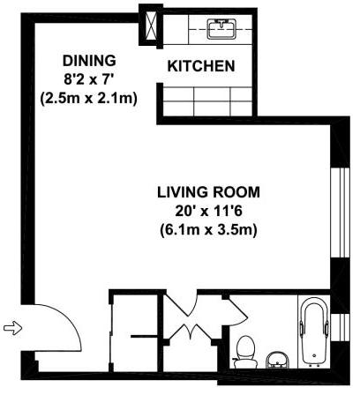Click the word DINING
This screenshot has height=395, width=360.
tap(89, 61)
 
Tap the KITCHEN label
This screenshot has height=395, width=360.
tap(201, 66)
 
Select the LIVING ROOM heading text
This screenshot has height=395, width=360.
tap(209, 192)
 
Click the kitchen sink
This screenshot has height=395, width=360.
tap(222, 29)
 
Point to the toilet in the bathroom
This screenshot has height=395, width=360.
tap(245, 352)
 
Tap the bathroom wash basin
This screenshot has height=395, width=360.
tap(278, 360)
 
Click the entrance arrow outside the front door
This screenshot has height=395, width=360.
tap(12, 328)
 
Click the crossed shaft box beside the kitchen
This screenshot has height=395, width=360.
tap(151, 26)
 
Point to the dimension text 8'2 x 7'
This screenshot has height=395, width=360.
tap(89, 79)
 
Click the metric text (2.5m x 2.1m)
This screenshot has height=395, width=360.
tap(89, 99)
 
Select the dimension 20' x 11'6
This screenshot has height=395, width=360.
tap(209, 212)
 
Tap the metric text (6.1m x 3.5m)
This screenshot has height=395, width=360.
tap(209, 229)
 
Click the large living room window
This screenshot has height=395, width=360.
tap(341, 213)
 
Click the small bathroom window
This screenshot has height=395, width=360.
tap(341, 328)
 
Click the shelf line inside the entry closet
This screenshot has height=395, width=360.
tap(144, 336)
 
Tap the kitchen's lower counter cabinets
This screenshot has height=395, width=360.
tap(207, 101)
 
